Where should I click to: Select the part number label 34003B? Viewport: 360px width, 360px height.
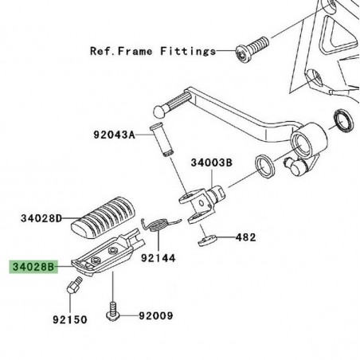point(211,162)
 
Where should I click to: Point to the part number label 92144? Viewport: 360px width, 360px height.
point(158,258)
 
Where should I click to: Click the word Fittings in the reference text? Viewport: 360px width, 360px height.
point(187,52)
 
